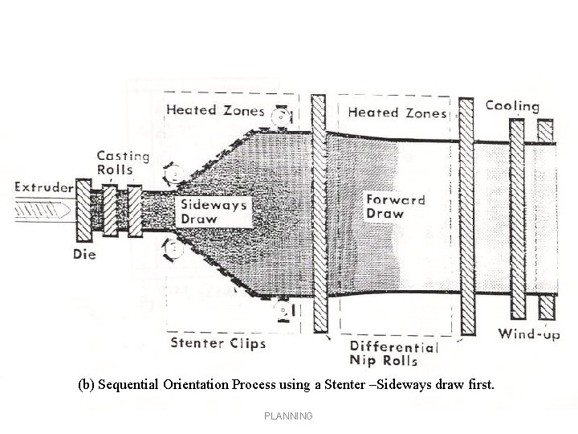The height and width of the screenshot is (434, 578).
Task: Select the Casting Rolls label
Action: (x=123, y=162)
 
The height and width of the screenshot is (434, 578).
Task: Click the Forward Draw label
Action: (x=396, y=206)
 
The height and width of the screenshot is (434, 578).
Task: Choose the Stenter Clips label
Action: (x=218, y=343)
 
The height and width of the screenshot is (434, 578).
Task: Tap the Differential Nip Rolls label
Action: (x=394, y=354)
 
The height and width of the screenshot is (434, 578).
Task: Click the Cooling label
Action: (x=512, y=106)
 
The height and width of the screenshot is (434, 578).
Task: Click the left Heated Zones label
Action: (x=215, y=110)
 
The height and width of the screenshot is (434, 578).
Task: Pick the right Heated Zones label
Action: (x=397, y=113)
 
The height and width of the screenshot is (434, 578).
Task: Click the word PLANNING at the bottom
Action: (x=288, y=416)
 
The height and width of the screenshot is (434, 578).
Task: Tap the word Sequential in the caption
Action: (x=131, y=384)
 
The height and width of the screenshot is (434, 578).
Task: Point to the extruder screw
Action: (x=40, y=212)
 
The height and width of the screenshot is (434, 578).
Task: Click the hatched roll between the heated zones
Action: (x=318, y=213)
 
